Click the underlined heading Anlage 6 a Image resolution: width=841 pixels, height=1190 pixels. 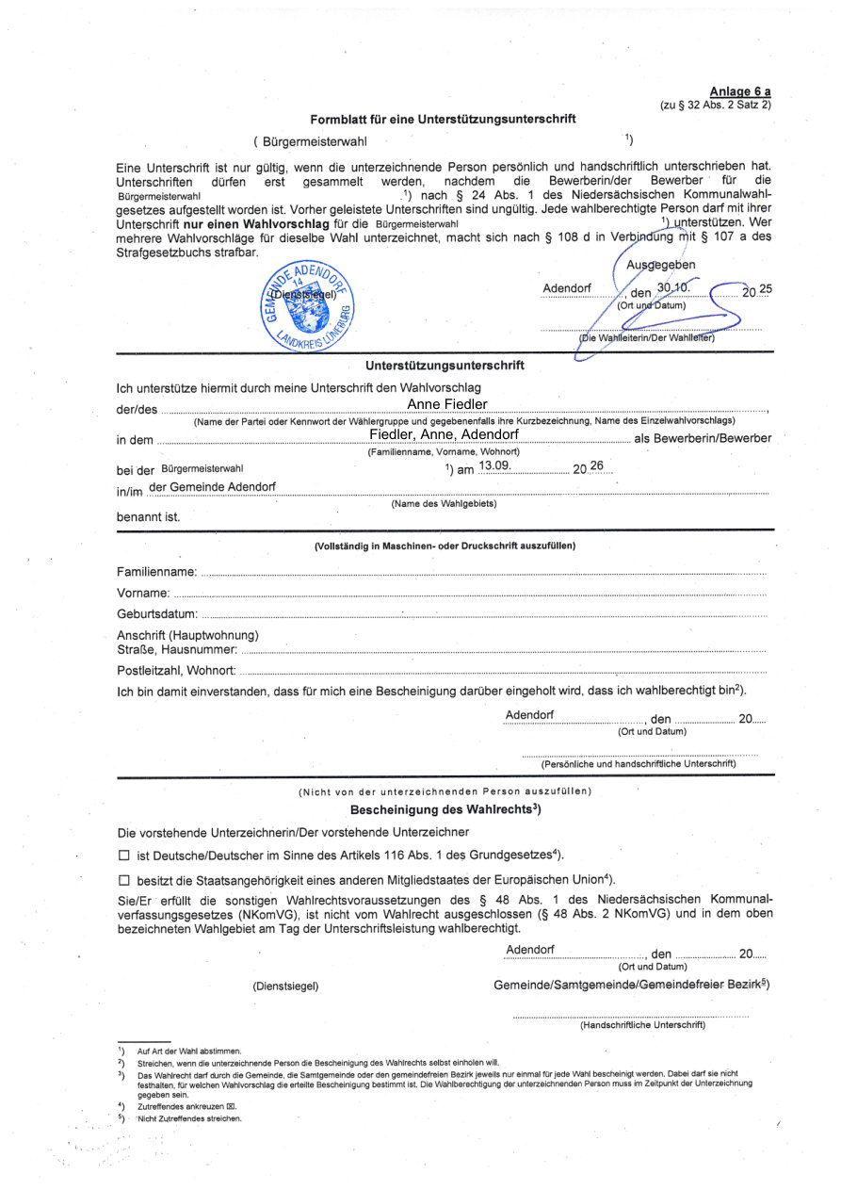pos(740,91)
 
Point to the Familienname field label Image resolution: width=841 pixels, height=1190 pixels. pos(156,572)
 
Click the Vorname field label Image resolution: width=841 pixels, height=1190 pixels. pos(143,593)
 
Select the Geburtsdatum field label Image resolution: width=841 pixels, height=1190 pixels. pos(156,613)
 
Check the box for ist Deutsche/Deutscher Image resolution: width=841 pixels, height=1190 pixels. pos(123,856)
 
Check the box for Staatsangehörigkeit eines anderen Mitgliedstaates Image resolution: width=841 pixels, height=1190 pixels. pos(123,880)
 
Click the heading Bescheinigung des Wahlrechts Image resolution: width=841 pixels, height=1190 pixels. pos(445,809)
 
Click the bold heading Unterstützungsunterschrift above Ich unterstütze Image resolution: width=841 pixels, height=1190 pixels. pos(445,365)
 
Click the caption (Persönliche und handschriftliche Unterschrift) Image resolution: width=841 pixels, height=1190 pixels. pos(638,763)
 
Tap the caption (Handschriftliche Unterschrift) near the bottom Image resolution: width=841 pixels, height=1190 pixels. pos(642,1025)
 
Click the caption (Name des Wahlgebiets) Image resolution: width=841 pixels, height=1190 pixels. pos(444,504)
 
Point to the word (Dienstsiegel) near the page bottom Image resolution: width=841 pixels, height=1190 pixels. pos(285,986)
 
